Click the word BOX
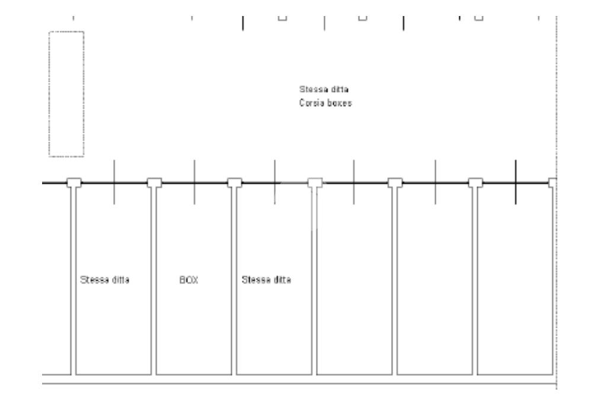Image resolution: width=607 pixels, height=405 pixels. coord(188,279)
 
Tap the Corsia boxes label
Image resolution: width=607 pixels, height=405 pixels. coord(325,102)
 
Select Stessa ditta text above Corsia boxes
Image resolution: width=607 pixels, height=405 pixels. coord(324,90)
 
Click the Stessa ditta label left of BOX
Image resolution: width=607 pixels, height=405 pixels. coord(104,279)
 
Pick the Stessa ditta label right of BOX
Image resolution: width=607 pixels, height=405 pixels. coord(267,279)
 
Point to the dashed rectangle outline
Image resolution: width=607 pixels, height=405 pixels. coord(66,94)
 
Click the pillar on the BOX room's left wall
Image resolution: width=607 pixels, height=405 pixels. coord(154,183)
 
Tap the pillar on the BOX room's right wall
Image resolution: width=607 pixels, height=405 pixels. coord(235,183)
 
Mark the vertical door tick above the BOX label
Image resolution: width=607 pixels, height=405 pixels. coord(194,181)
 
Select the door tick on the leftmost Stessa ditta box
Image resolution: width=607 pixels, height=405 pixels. coord(114,181)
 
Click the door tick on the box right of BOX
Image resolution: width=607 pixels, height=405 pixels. coord(274,181)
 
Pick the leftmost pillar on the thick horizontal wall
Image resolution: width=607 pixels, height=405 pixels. coord(74,183)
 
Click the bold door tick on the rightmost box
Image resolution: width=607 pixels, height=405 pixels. coord(515,181)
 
